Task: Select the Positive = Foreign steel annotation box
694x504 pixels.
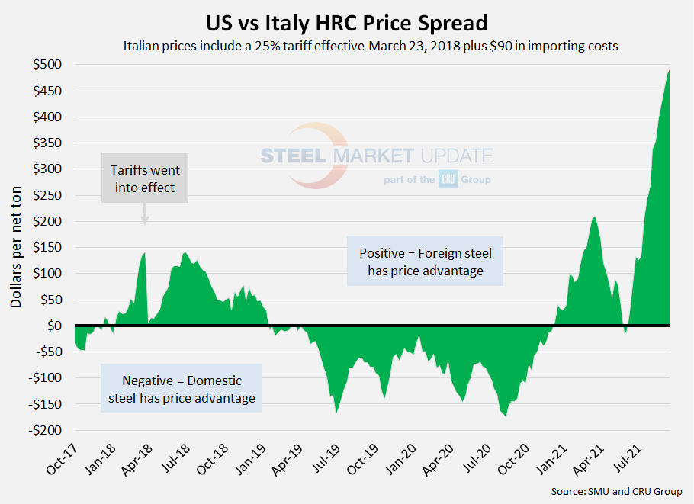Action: [425, 261]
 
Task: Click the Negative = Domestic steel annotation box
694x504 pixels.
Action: [181, 388]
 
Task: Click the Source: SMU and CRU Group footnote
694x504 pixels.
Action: [616, 491]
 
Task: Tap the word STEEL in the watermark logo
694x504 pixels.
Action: [294, 156]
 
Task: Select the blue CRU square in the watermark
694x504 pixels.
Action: [448, 180]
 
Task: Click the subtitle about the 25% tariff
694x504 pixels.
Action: [370, 46]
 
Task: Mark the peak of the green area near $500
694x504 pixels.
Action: [669, 70]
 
